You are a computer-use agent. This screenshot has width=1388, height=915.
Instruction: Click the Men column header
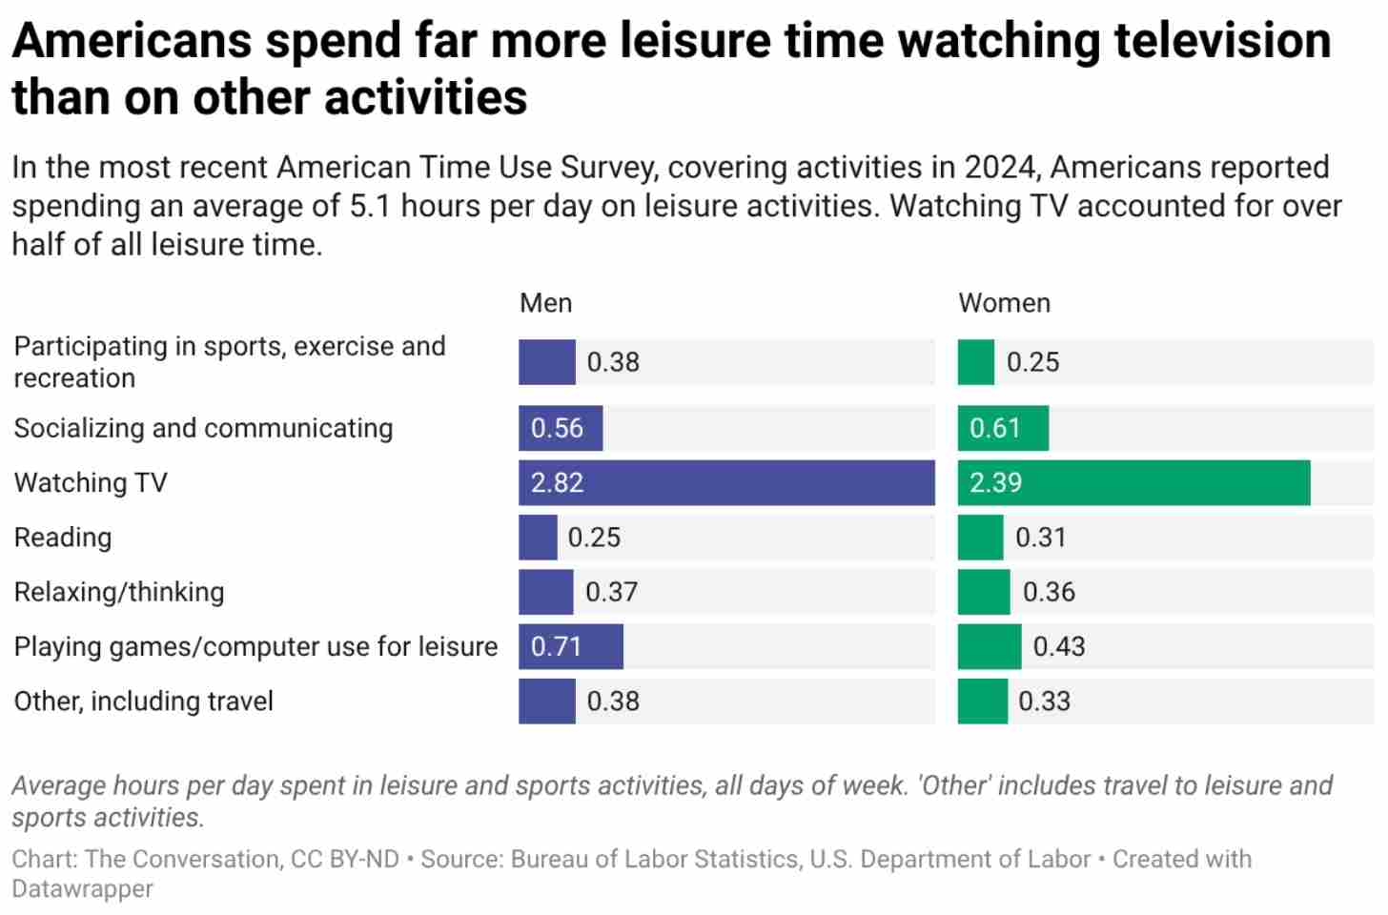pyautogui.click(x=545, y=303)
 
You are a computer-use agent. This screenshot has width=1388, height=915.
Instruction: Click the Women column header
pyautogui.click(x=1004, y=303)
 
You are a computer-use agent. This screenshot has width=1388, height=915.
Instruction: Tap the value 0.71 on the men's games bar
pyautogui.click(x=556, y=647)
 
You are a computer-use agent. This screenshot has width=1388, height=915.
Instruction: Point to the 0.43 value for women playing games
pyautogui.click(x=1059, y=647)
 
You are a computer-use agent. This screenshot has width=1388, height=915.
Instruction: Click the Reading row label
pyautogui.click(x=63, y=538)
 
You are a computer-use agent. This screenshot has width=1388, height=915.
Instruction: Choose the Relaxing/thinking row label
pyautogui.click(x=119, y=592)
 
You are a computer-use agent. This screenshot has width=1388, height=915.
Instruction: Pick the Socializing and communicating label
pyautogui.click(x=203, y=428)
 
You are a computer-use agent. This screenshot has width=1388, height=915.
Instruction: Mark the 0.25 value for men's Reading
pyautogui.click(x=594, y=538)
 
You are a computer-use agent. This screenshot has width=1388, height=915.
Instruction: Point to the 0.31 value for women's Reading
pyautogui.click(x=1040, y=538)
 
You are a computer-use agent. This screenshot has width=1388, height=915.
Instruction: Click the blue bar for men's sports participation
pyautogui.click(x=546, y=362)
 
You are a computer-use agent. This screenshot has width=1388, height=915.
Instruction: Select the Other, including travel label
pyautogui.click(x=143, y=701)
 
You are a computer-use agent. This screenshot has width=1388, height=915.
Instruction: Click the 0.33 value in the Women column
pyautogui.click(x=1044, y=701)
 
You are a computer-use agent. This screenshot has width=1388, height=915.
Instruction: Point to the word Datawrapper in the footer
pyautogui.click(x=82, y=888)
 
